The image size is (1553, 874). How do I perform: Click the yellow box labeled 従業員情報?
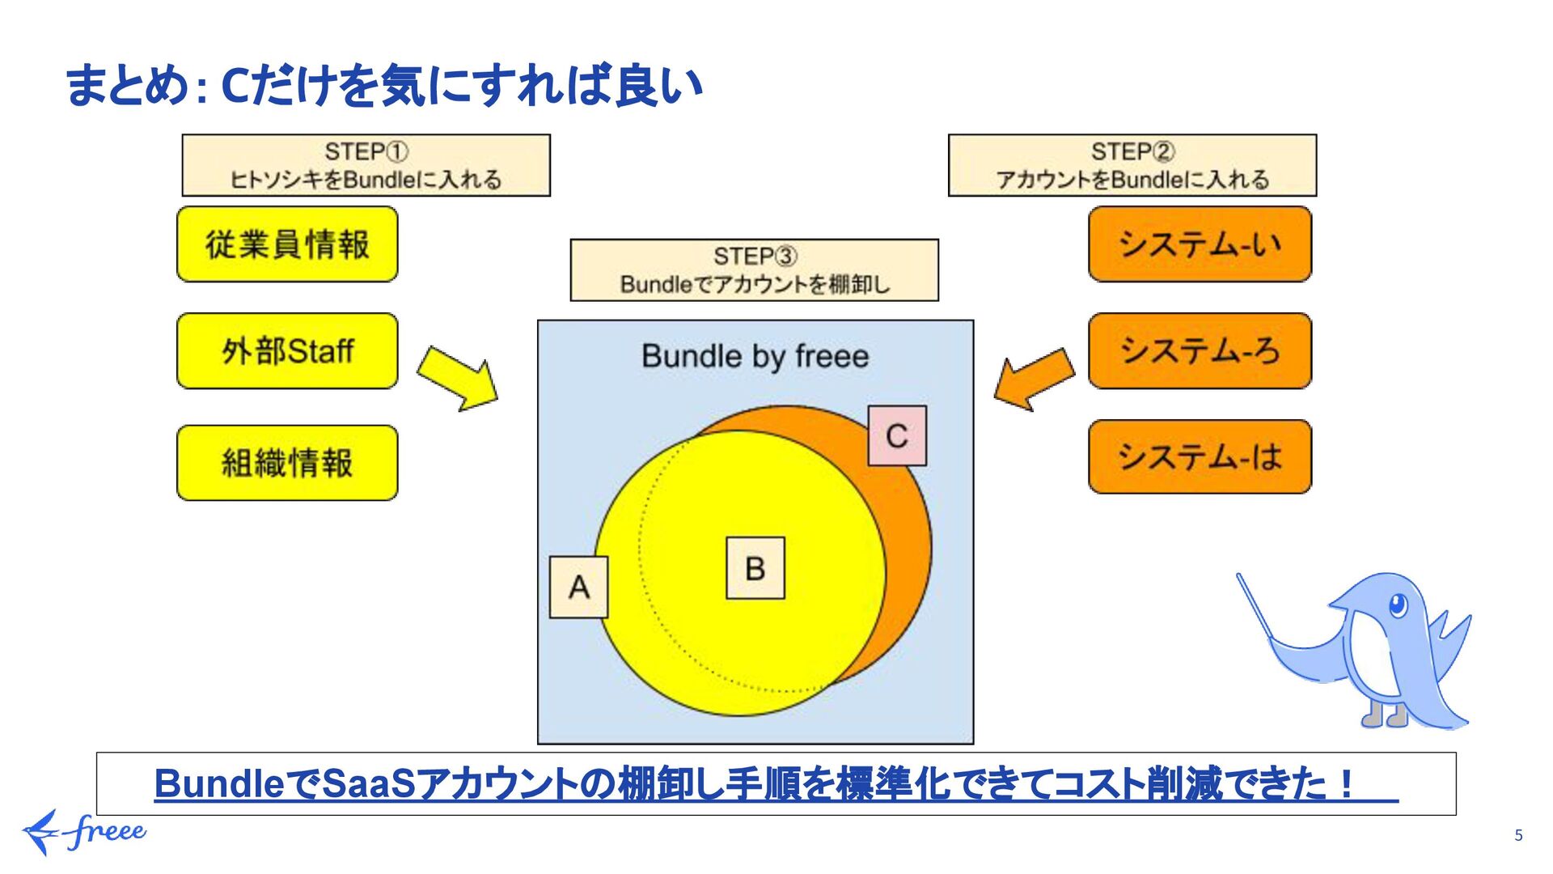pos(287,244)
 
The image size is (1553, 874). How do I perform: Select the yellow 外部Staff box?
pos(287,351)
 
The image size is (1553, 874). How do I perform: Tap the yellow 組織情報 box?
pos(287,463)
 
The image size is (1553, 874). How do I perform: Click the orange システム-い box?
pos(1200,244)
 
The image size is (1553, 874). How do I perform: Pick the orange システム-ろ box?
pos(1200,351)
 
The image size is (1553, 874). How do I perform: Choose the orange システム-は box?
pos(1200,457)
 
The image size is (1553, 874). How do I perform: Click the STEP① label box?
pos(366,165)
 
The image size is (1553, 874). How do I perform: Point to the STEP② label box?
pos(1132,165)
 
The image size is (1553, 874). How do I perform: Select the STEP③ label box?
pos(754,270)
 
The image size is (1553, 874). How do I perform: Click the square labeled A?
pos(578,588)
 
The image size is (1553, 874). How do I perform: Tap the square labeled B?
pos(755,568)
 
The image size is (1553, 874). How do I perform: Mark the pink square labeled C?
pos(897,436)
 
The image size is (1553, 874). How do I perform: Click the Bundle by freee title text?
pos(755,356)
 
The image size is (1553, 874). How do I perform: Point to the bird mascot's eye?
pos(1397,605)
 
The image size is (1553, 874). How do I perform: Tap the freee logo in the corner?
pos(84,832)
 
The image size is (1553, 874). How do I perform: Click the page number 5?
pos(1518,835)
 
